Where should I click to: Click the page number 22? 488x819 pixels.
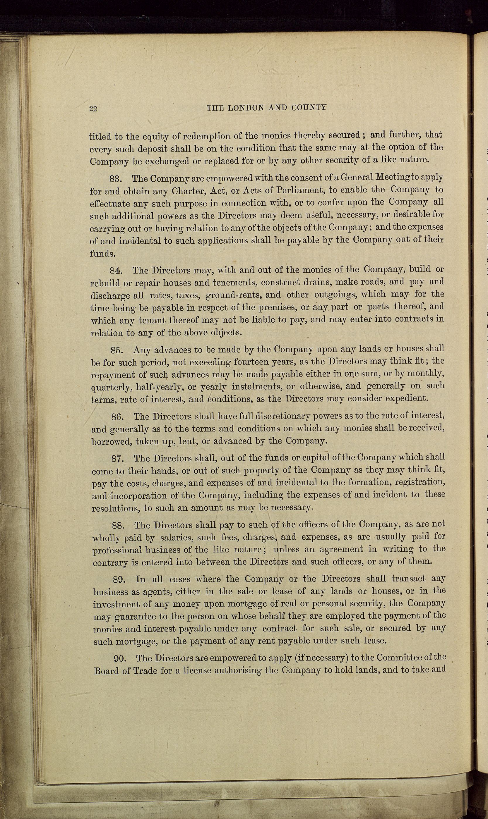(x=93, y=109)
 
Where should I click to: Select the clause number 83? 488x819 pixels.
(x=115, y=179)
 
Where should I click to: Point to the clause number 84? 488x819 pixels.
(x=116, y=271)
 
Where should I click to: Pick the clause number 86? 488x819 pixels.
(x=117, y=417)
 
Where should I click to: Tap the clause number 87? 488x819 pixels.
(x=118, y=459)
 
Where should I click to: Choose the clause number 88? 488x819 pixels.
(x=118, y=526)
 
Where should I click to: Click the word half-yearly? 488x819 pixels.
(x=160, y=388)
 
